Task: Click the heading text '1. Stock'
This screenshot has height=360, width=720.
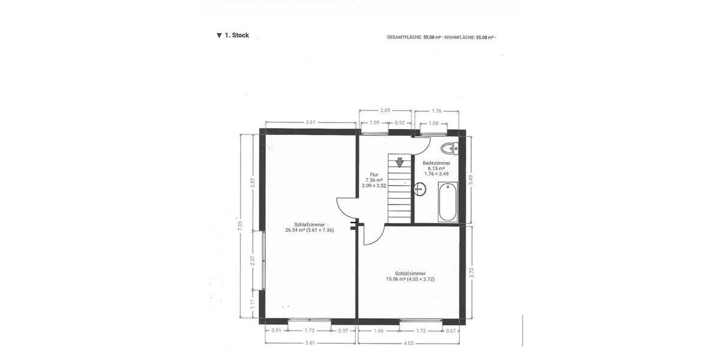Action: (x=236, y=35)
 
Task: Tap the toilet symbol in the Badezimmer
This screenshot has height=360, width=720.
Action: (x=449, y=148)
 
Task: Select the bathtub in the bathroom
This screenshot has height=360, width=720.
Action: (x=447, y=202)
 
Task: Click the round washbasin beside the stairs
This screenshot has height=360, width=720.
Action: (x=419, y=190)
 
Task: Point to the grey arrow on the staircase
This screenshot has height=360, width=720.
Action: (x=400, y=161)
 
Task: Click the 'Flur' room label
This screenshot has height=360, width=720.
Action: (x=374, y=174)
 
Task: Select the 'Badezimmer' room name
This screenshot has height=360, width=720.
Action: (x=436, y=163)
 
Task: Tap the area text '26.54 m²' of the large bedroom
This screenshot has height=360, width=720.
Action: (x=295, y=230)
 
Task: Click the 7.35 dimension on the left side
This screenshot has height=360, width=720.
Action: (x=240, y=226)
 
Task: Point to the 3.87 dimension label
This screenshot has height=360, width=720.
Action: (x=253, y=182)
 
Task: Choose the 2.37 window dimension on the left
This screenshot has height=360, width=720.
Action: (x=253, y=260)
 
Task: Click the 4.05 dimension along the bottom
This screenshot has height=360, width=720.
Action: (x=409, y=343)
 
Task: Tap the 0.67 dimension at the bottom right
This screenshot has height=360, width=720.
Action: (x=451, y=331)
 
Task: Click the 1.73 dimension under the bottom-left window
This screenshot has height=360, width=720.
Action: (x=309, y=331)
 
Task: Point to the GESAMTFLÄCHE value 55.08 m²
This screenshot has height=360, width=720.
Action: (x=432, y=37)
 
